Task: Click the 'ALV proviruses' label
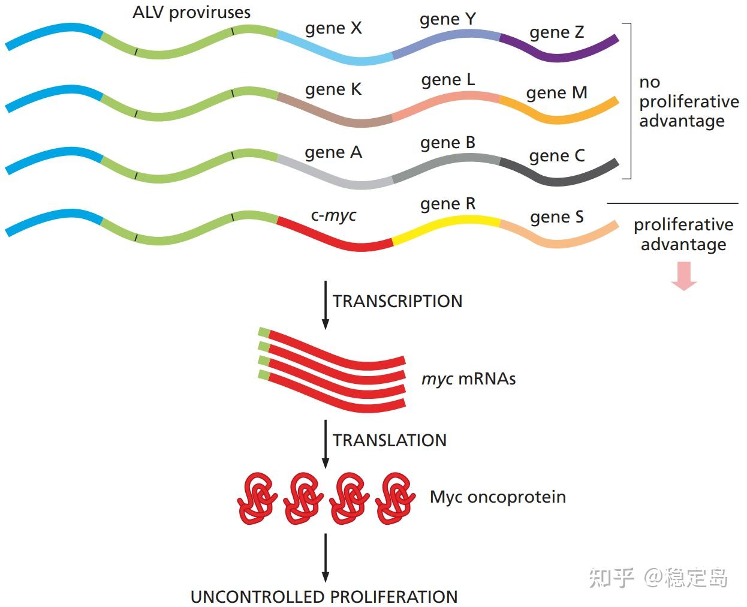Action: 191,13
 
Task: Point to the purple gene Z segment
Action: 558,56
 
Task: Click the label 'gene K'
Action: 333,89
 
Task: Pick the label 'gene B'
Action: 448,143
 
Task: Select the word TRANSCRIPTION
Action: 397,301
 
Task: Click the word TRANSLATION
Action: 390,440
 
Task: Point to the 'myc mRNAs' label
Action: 468,379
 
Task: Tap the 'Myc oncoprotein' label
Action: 498,497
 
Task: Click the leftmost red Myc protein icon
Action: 257,498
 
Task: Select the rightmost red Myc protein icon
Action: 395,498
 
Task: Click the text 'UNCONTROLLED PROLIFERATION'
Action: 324,597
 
